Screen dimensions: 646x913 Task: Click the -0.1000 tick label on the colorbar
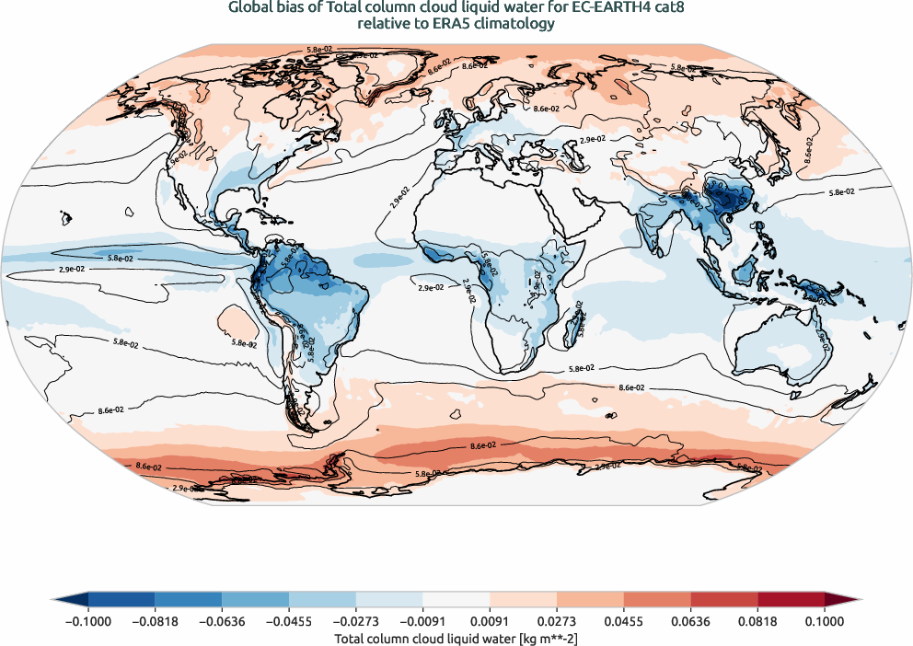(87, 621)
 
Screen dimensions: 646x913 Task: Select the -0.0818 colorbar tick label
(155, 621)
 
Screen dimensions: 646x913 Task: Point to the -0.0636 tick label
(222, 621)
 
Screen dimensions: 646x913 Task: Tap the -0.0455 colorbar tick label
(289, 621)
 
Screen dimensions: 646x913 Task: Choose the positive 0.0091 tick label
(491, 621)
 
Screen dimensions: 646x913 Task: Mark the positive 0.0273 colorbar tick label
(558, 621)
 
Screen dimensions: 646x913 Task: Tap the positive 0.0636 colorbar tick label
(691, 621)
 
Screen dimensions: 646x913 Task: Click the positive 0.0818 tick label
(758, 621)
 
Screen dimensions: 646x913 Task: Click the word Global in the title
(249, 8)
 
